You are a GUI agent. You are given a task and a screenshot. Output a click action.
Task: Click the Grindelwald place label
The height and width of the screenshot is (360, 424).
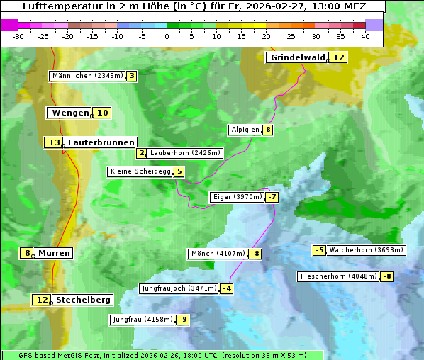click(297, 58)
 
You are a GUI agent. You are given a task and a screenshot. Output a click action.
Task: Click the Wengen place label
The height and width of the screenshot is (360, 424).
click(70, 113)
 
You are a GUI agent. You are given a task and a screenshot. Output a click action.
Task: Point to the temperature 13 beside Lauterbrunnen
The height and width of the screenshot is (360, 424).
click(53, 142)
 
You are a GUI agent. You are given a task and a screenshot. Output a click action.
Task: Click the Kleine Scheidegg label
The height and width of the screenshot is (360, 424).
click(140, 171)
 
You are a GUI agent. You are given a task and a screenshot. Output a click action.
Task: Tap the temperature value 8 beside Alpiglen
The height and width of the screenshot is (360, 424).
click(268, 130)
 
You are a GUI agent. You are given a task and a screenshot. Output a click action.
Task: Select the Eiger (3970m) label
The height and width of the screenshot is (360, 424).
click(238, 197)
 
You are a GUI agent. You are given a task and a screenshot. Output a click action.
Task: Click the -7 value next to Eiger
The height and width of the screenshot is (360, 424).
click(272, 197)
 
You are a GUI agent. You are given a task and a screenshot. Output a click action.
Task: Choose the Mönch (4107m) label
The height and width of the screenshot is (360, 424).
click(218, 254)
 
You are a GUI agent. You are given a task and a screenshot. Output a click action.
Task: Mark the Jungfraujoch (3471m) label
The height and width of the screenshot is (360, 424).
click(179, 288)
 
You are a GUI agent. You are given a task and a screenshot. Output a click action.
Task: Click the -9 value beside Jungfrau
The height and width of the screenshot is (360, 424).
click(183, 320)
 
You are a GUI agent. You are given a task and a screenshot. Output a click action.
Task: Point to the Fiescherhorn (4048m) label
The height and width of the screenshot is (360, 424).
click(338, 276)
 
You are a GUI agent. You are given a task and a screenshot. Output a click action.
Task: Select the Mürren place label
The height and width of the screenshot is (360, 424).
click(54, 253)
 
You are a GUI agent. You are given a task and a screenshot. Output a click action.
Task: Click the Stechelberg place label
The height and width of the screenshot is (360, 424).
click(83, 300)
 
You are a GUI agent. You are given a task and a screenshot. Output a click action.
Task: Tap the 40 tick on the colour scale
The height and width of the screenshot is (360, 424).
click(365, 36)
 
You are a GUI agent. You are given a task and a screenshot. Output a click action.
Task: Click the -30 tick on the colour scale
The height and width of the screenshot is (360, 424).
click(18, 36)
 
